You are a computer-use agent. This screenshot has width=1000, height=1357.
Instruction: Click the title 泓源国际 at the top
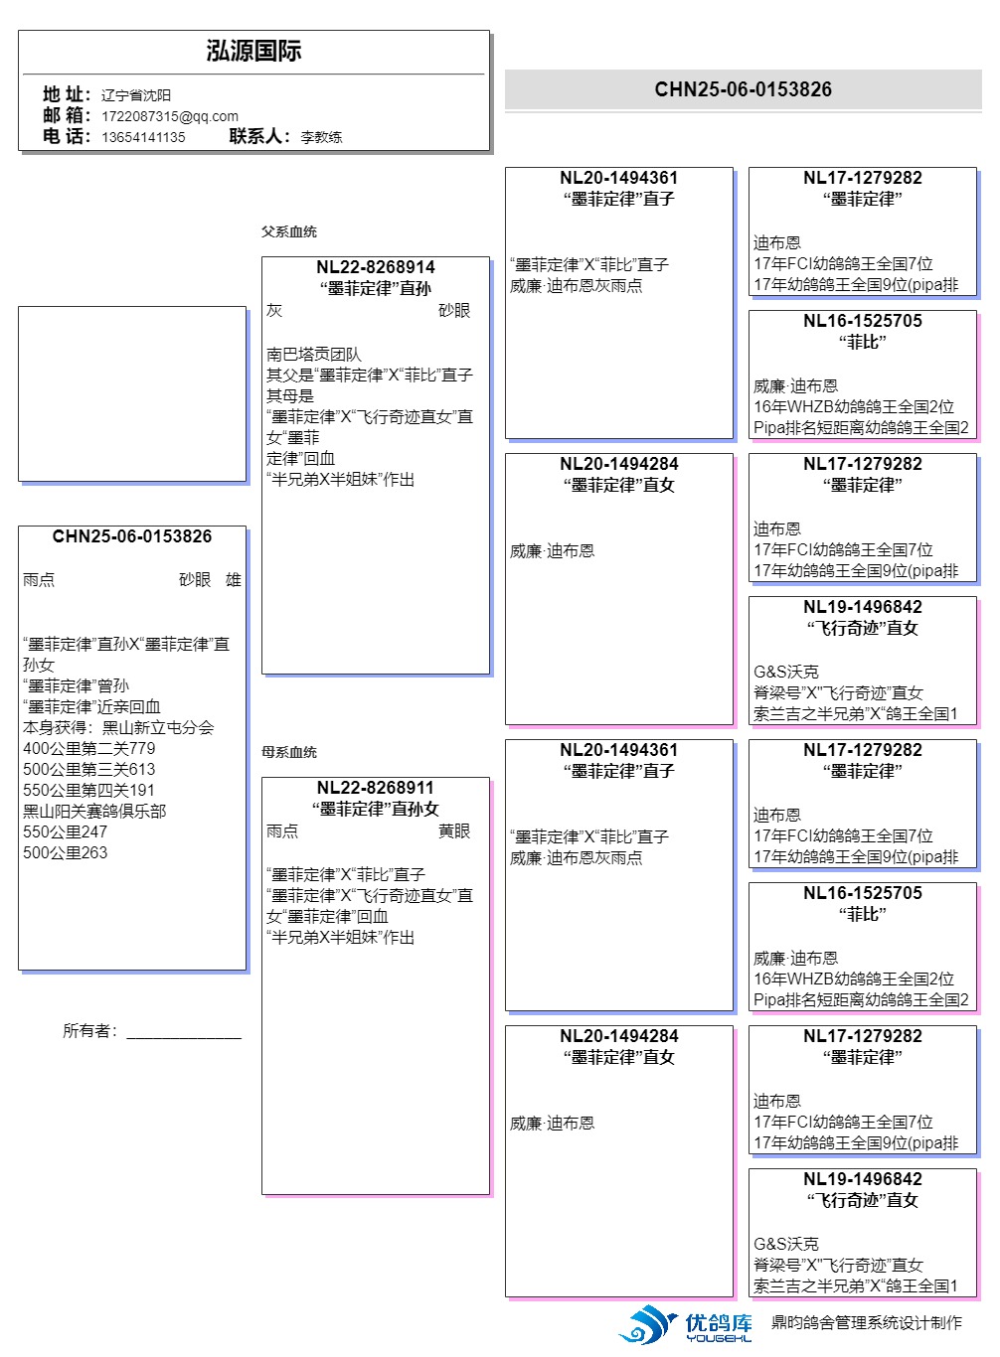pyautogui.click(x=253, y=51)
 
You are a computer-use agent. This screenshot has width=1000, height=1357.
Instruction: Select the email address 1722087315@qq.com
pyautogui.click(x=170, y=116)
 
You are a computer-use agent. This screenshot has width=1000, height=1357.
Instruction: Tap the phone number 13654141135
pyautogui.click(x=143, y=137)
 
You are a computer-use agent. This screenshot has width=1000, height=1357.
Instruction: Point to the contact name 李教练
pyautogui.click(x=321, y=137)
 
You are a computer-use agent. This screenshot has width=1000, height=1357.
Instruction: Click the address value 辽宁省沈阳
pyautogui.click(x=136, y=95)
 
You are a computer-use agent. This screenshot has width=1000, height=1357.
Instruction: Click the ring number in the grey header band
pyautogui.click(x=743, y=89)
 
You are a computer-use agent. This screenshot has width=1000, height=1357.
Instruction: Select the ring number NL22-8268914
pyautogui.click(x=375, y=267)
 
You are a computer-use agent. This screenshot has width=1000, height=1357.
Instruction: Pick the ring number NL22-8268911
pyautogui.click(x=375, y=788)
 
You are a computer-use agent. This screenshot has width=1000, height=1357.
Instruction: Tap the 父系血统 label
pyautogui.click(x=289, y=231)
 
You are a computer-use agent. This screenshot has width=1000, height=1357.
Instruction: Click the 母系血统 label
pyautogui.click(x=289, y=752)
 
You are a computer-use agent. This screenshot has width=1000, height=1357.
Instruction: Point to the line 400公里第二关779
pyautogui.click(x=89, y=748)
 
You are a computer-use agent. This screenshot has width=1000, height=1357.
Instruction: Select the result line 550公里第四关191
pyautogui.click(x=89, y=790)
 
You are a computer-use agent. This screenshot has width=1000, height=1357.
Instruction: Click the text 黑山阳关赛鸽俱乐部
pyautogui.click(x=94, y=811)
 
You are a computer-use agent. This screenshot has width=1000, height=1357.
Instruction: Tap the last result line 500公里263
pyautogui.click(x=66, y=852)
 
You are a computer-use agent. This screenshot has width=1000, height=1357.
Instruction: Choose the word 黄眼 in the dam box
pyautogui.click(x=454, y=830)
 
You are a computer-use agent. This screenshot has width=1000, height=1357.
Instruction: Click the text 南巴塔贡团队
pyautogui.click(x=314, y=354)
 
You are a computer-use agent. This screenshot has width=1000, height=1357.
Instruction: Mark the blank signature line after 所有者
pyautogui.click(x=184, y=1033)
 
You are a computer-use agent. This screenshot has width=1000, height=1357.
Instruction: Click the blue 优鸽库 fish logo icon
pyautogui.click(x=647, y=1324)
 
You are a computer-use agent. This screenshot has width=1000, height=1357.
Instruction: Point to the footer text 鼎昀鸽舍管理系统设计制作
pyautogui.click(x=867, y=1322)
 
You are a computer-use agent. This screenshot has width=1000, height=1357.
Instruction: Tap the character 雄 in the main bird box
pyautogui.click(x=234, y=580)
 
